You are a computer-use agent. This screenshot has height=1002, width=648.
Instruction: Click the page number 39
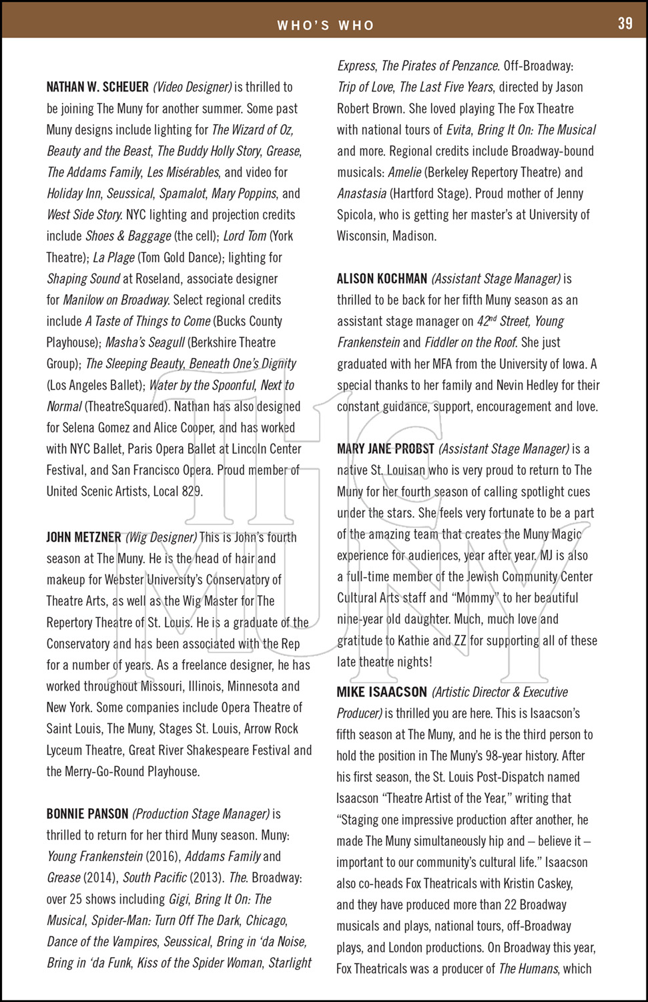pyautogui.click(x=625, y=23)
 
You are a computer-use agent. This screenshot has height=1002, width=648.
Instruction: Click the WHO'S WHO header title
pyautogui.click(x=326, y=25)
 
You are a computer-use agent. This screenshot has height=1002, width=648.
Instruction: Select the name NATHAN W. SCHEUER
pyautogui.click(x=97, y=88)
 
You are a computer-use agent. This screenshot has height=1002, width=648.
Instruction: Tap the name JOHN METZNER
pyautogui.click(x=84, y=537)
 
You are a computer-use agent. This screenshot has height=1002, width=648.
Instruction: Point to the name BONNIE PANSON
pyautogui.click(x=87, y=814)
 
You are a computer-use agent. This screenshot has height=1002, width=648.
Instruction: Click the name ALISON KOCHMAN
pyautogui.click(x=382, y=279)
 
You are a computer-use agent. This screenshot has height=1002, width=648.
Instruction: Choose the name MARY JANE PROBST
pyautogui.click(x=386, y=449)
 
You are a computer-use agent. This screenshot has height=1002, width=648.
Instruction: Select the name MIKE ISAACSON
pyautogui.click(x=382, y=692)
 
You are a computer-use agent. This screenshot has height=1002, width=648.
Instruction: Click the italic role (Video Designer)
pyautogui.click(x=192, y=88)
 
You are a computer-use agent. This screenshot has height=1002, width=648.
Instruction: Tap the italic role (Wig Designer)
pyautogui.click(x=161, y=537)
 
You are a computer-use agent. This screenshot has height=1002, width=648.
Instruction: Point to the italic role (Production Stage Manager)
pyautogui.click(x=201, y=814)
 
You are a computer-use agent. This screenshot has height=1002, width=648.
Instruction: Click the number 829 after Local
pyautogui.click(x=192, y=492)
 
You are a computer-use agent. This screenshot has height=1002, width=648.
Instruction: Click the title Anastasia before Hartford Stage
pyautogui.click(x=362, y=194)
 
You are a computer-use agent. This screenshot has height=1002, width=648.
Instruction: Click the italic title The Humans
pyautogui.click(x=529, y=969)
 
